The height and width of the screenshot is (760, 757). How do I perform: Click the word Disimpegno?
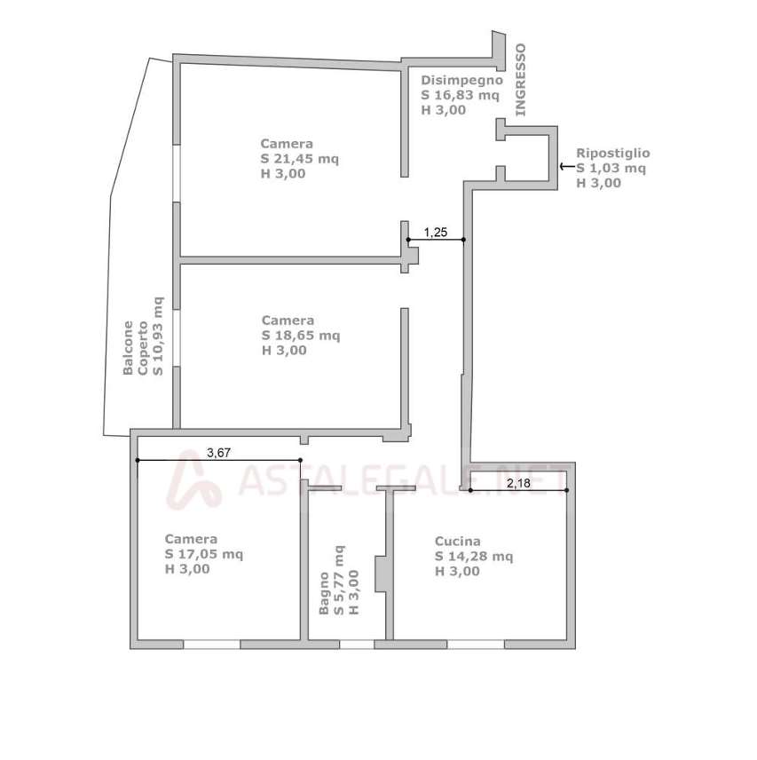point(461,81)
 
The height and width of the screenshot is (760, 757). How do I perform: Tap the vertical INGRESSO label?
point(520,80)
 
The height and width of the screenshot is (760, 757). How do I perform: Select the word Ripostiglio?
point(612,154)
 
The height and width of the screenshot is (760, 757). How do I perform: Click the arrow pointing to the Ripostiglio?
point(567,167)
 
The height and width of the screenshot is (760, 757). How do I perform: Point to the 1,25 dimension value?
point(436,233)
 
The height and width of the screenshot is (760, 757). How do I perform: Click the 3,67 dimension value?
point(218,453)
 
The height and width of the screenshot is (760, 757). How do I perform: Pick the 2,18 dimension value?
point(518,483)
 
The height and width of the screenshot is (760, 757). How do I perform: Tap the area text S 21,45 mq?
point(299,159)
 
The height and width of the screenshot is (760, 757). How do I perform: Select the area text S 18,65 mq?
point(300,336)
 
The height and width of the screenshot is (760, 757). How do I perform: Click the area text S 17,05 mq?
point(204,554)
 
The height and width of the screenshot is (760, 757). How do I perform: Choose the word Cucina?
point(457,542)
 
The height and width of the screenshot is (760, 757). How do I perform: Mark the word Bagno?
point(324,593)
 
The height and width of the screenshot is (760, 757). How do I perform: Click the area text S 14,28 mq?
point(474,557)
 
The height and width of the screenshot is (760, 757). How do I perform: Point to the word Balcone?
point(128,348)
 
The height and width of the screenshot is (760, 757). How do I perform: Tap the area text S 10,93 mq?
point(158,336)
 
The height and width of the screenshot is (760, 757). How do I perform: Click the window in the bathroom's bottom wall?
point(357,645)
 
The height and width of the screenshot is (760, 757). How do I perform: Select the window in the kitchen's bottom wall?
point(476,645)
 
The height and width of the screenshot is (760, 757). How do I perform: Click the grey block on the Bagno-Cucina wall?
point(382,574)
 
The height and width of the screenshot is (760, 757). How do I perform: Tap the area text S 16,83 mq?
point(460,95)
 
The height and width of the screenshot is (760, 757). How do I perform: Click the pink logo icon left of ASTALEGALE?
point(193,479)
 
